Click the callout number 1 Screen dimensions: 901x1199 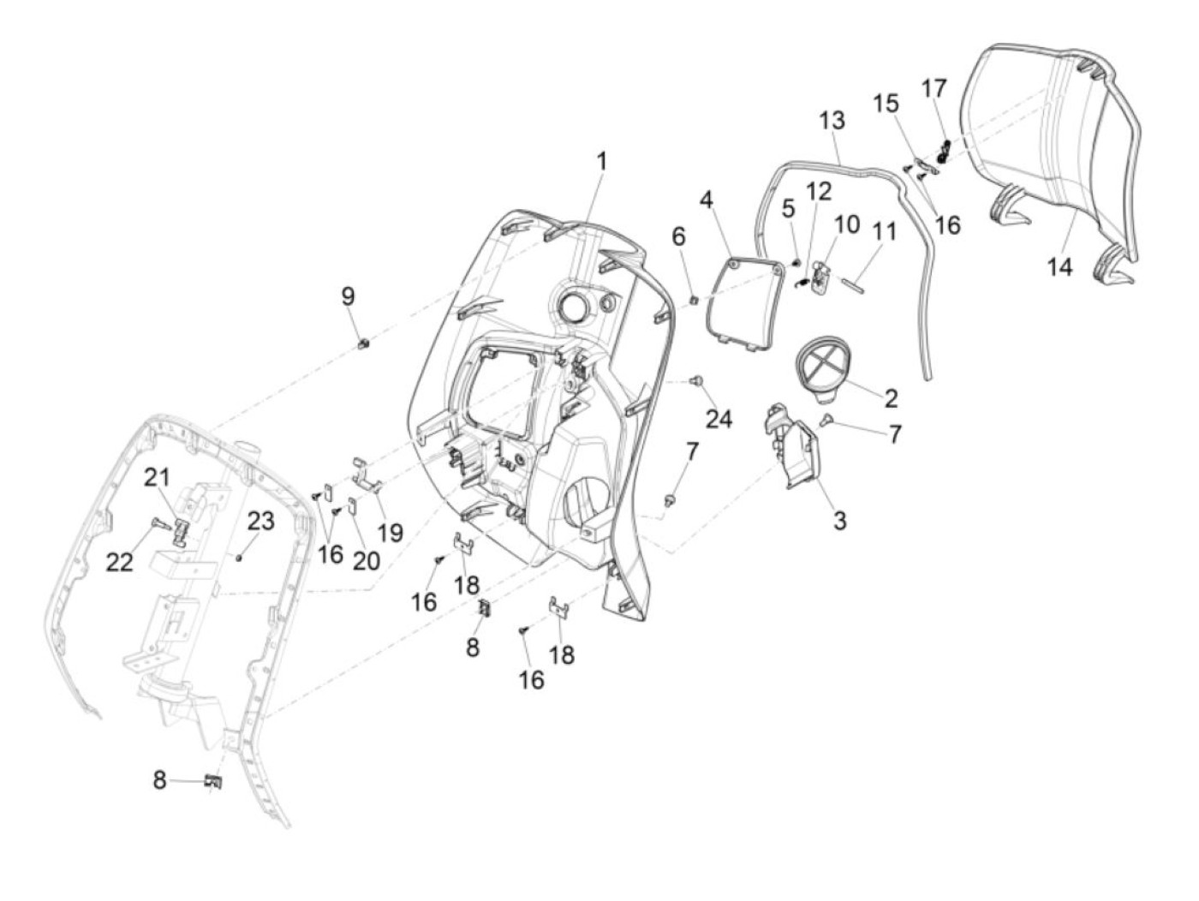pos(601,161)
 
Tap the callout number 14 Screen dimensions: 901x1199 pos(1059,266)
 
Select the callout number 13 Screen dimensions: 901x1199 pos(831,120)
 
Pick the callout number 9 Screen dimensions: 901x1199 pos(348,296)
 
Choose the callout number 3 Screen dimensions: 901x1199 pos(839,519)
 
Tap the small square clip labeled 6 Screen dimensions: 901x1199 pos(695,299)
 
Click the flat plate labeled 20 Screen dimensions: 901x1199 pos(353,509)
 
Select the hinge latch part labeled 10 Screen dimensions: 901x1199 pos(819,277)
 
